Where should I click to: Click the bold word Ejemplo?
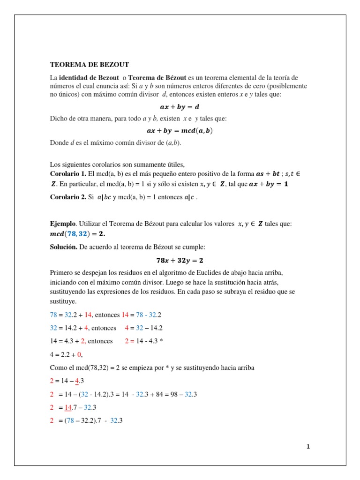pyautogui.click(x=62, y=224)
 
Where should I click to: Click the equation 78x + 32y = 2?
pyautogui.click(x=180, y=260)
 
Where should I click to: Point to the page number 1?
pyautogui.click(x=308, y=447)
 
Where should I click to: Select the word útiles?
pyautogui.click(x=174, y=164)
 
